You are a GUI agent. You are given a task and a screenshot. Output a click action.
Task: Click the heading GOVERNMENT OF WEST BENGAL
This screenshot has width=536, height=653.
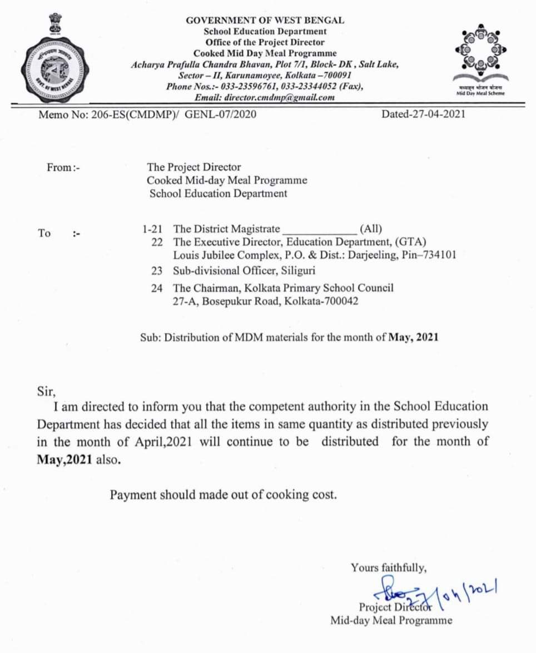265,20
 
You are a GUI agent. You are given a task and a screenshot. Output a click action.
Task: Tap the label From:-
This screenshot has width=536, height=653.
63,167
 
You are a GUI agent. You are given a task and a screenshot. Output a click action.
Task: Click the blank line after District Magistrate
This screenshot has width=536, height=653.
320,229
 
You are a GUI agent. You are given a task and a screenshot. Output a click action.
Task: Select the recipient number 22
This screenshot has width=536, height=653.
157,242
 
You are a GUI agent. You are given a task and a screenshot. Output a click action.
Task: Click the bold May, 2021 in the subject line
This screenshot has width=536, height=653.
413,337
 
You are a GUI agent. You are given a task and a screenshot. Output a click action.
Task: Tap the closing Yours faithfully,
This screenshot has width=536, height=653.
389,568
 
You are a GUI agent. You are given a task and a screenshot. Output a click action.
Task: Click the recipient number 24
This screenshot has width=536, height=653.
157,288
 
